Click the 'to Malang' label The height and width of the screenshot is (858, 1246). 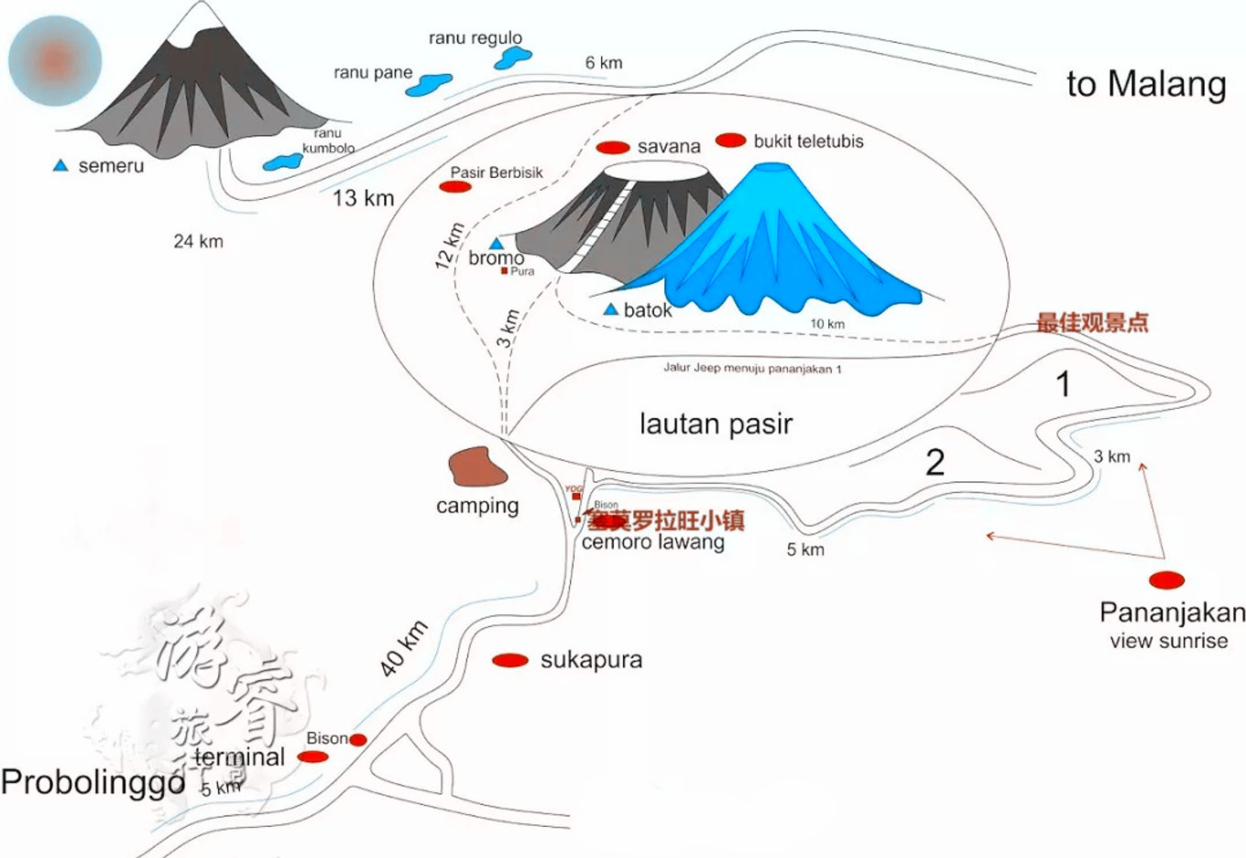[x=1146, y=84]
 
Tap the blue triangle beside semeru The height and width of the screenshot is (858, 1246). [x=60, y=166]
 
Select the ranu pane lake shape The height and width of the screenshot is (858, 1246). [x=428, y=85]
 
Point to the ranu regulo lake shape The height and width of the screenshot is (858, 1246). [x=513, y=58]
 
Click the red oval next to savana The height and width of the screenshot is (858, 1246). [x=613, y=147]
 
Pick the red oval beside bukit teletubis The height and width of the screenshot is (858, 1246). [x=730, y=140]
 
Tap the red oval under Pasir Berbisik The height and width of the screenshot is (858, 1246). [x=455, y=187]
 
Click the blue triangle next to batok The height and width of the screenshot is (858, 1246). [x=611, y=310]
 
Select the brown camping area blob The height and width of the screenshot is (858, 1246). [x=477, y=467]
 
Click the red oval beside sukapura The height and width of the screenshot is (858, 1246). [x=510, y=660]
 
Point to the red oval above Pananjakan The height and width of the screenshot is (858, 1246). [x=1166, y=579]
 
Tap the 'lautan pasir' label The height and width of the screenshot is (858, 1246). [x=716, y=423]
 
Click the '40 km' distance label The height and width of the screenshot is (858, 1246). [x=404, y=649]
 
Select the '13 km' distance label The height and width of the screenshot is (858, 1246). [x=363, y=198]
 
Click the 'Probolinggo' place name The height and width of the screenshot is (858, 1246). [x=93, y=783]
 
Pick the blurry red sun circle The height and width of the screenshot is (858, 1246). [x=55, y=60]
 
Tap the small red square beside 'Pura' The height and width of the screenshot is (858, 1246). [x=504, y=271]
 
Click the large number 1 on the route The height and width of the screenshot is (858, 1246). [x=1063, y=384]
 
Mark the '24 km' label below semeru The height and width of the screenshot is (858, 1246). [x=198, y=241]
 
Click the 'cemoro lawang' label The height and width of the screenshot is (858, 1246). [x=652, y=542]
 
